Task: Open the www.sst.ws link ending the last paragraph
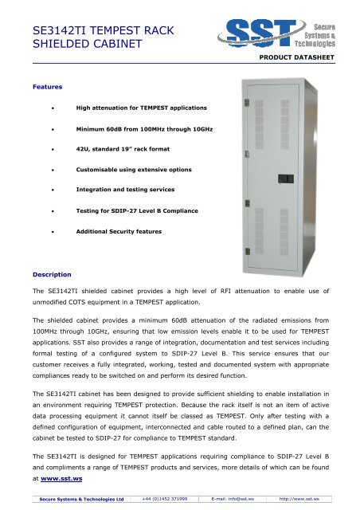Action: tap(64, 480)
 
